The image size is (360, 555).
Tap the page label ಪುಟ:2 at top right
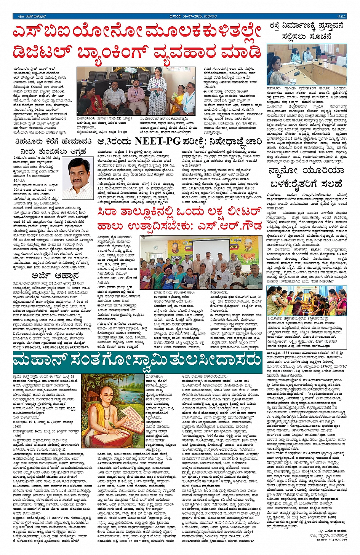tap(341, 16)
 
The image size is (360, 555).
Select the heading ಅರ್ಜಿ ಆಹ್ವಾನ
tap(50, 275)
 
